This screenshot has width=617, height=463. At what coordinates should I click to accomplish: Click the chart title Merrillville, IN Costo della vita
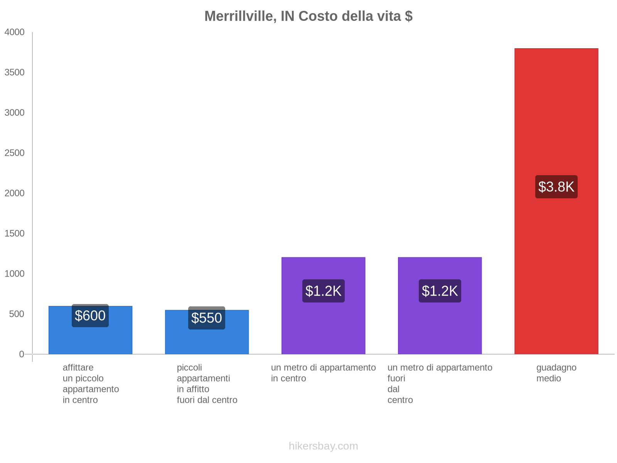pos(308,16)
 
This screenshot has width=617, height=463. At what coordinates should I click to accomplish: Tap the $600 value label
pos(90,316)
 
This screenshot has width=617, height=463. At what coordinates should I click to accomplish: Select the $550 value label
pos(207,318)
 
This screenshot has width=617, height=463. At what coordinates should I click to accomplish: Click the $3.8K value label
pos(556,187)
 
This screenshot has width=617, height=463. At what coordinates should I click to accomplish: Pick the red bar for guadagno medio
pos(556,116)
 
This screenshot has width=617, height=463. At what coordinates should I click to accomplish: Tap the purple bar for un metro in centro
pos(323,328)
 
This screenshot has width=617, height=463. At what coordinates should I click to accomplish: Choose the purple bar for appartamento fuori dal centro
pos(440,328)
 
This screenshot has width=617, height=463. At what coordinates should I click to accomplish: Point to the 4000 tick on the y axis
pos(15,32)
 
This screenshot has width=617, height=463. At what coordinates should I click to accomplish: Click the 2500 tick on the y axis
pos(15,153)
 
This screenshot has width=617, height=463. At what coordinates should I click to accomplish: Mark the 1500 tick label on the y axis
pos(15,233)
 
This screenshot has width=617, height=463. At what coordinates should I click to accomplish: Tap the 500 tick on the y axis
pos(17,314)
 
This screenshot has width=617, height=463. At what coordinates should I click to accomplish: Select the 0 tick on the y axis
pos(22,354)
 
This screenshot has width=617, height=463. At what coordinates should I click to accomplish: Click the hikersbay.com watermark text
pos(323,446)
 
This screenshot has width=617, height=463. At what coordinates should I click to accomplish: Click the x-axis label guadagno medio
pos(556,373)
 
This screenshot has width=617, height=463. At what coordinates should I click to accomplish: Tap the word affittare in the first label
pos(78,368)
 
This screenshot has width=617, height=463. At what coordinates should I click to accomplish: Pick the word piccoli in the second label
pos(189,368)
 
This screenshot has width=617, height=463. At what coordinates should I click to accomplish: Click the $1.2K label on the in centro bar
pos(323,291)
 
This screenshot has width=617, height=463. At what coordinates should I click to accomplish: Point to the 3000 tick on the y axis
pos(15,113)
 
